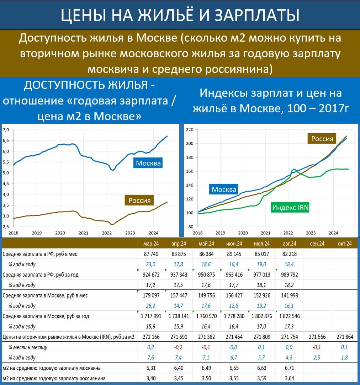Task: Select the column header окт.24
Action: click(344, 244)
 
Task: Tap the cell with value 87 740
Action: click(152, 254)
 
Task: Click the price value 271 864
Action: click(344, 337)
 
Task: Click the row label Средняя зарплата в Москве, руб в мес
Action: click(45, 295)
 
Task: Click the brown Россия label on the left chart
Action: click(139, 200)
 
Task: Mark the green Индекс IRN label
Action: click(290, 208)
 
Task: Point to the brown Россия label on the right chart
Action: click(322, 139)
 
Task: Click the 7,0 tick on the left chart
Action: click(7, 130)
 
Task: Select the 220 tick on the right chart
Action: click(189, 130)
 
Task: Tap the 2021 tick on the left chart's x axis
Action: click(83, 233)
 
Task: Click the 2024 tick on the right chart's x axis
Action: click(333, 233)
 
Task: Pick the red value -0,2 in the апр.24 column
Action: click(179, 347)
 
